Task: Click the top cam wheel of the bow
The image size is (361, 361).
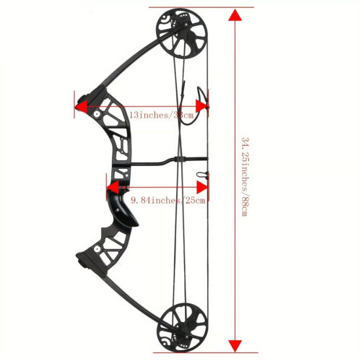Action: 182,33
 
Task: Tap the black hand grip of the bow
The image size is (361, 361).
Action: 123,208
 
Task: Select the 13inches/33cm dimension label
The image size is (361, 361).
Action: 162,115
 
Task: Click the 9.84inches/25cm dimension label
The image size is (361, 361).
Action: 168,200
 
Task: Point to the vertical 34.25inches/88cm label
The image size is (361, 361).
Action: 245,177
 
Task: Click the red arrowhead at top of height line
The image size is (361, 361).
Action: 235,15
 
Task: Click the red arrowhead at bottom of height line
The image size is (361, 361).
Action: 235,346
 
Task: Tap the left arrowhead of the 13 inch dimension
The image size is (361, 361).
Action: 81,106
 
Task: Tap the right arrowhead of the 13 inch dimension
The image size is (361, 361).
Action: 201,106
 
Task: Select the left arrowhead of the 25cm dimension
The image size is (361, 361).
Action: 113,187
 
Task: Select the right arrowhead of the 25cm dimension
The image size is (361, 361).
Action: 202,187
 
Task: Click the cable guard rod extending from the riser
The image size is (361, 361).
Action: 168,161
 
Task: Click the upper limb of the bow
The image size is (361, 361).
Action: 130,63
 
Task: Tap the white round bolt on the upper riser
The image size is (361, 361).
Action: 97,114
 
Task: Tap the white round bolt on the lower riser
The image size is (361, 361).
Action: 97,248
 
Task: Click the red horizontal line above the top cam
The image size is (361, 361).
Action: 201,7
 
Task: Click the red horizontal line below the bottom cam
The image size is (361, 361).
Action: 206,353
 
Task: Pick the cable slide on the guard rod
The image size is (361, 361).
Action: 180,160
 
